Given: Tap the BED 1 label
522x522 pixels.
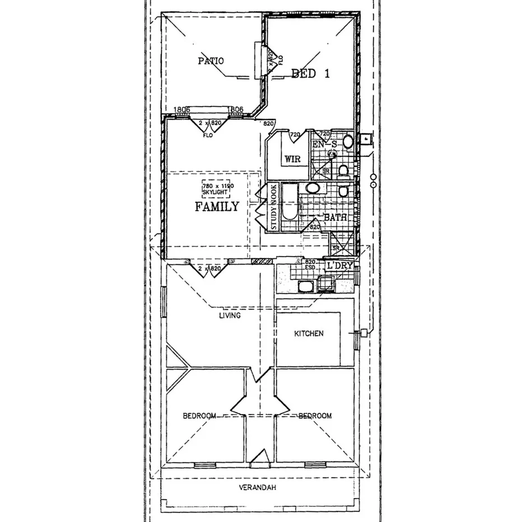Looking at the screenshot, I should [x=310, y=73].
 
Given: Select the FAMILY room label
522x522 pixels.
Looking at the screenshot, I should [x=217, y=207].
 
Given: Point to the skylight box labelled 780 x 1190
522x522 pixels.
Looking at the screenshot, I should [x=218, y=188].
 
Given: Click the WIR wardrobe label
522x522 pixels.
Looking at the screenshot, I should [x=292, y=159].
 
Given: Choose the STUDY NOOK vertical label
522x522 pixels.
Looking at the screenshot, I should [x=273, y=207].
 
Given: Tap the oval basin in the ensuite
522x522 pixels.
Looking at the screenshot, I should [x=348, y=141].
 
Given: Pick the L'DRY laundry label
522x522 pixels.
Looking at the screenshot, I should [x=340, y=265].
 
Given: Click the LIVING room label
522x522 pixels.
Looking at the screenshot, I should [x=230, y=316].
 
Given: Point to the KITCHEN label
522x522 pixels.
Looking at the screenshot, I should [x=309, y=334].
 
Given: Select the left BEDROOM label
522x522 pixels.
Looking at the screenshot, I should [x=199, y=416].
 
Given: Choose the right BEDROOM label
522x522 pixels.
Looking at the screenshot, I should [x=315, y=416].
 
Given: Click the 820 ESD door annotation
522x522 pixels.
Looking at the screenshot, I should [x=310, y=264].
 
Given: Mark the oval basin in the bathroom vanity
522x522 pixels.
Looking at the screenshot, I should [x=313, y=188].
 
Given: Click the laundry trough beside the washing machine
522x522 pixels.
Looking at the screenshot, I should [x=306, y=287].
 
